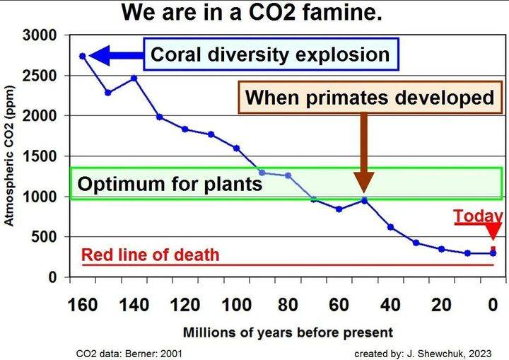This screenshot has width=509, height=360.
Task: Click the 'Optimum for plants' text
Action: (170, 185)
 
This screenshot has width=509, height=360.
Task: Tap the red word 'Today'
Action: (477, 216)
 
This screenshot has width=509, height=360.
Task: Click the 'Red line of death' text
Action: (150, 255)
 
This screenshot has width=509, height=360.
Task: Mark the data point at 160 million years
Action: (83, 56)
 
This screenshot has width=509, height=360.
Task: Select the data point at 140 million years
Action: (134, 78)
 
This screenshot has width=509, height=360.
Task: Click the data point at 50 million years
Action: (364, 200)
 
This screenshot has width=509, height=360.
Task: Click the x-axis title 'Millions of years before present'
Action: (288, 332)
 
